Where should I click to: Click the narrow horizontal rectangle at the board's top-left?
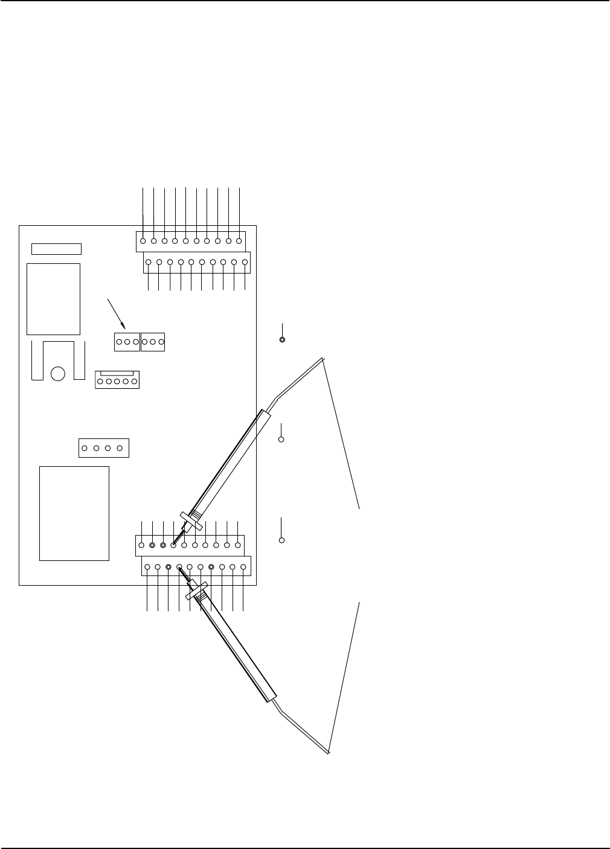coord(56,249)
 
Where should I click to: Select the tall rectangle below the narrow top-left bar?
coord(53,298)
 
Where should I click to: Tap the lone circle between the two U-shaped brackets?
coord(58,374)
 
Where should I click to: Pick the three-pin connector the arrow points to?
coord(127,342)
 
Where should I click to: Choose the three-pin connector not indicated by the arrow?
coord(153,342)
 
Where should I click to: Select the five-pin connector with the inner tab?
coord(117,380)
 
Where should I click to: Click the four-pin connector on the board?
coord(104,448)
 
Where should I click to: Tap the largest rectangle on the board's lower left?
coord(74,513)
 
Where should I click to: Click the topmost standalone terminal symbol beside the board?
coord(282,339)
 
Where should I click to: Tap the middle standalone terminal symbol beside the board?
coord(281,440)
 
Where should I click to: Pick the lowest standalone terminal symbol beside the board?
coord(281,540)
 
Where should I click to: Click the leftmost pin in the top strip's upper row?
coord(143,241)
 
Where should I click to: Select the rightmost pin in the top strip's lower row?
coord(245,263)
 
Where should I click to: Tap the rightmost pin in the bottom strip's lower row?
coord(243,567)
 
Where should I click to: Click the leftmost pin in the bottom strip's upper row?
coord(141,545)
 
